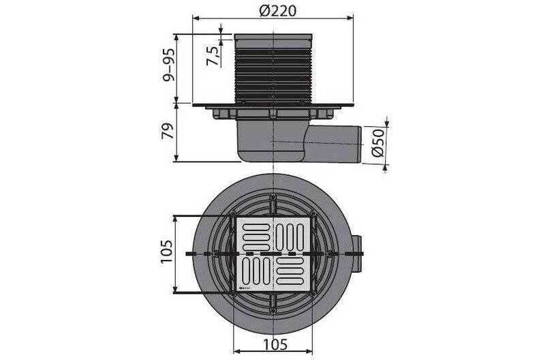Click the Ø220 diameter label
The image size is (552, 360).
coord(278,12)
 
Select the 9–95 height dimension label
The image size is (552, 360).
coord(168,65)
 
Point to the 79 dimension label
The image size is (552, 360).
coord(168,131)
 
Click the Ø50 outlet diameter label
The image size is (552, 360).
coord(378,142)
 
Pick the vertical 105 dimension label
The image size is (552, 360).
coord(166,252)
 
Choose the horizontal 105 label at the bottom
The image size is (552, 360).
coord(275,344)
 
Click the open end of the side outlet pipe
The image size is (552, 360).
coord(360,144)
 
